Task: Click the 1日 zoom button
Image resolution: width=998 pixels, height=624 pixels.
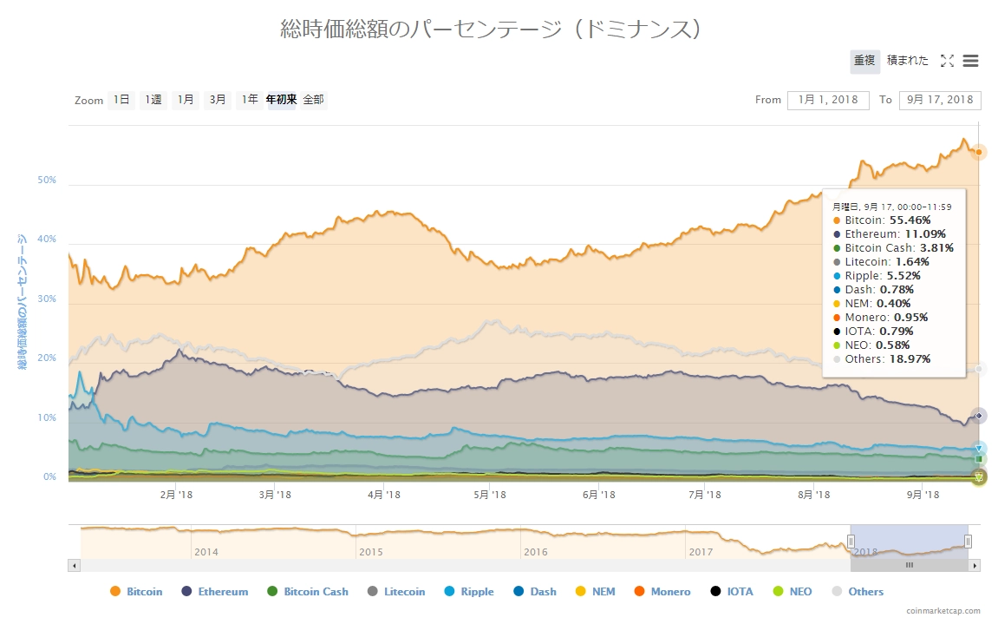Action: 121,100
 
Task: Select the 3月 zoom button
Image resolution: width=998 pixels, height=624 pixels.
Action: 218,100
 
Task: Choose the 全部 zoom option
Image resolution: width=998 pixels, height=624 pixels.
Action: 313,100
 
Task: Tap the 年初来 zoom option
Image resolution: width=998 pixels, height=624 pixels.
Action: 281,100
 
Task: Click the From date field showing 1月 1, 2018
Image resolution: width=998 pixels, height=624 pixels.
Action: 828,100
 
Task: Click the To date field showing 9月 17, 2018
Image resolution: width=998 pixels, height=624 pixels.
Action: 940,100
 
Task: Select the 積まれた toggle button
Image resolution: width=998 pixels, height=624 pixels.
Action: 907,61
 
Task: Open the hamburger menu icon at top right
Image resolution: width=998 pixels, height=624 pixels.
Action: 971,61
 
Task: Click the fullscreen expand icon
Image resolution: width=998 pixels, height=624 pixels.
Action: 947,61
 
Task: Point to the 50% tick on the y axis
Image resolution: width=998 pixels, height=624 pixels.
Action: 47,181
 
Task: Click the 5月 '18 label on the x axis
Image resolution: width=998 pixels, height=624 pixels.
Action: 490,495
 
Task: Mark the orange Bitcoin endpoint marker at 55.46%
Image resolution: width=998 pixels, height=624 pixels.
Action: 978,152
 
